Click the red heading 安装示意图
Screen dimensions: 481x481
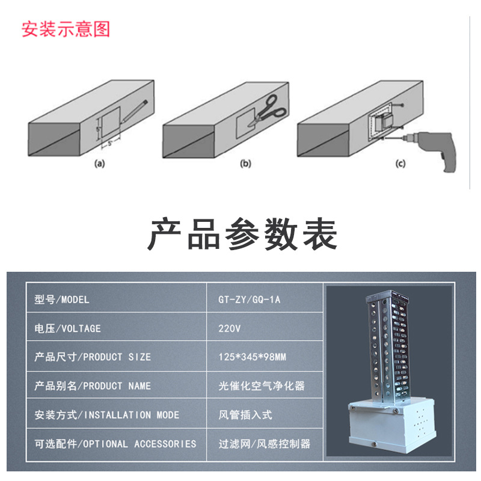[66, 29]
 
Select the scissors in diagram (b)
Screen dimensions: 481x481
[267, 109]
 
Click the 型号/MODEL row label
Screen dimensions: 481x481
[62, 299]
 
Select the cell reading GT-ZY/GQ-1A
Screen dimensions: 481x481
[250, 299]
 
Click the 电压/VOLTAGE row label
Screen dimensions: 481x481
[68, 328]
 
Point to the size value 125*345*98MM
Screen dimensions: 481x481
[252, 357]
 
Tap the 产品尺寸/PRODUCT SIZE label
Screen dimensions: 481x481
[93, 357]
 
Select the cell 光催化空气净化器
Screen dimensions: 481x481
[262, 386]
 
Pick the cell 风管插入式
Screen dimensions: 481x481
[245, 415]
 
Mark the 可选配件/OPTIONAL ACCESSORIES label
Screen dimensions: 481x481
[115, 444]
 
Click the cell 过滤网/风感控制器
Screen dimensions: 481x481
[265, 444]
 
